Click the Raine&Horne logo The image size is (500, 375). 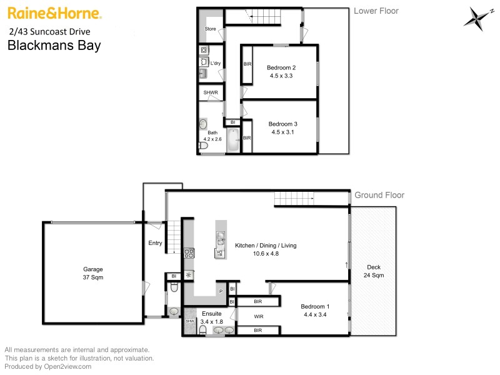tap(54, 13)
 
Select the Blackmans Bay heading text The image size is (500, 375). tap(53, 45)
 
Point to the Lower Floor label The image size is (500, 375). tap(376, 11)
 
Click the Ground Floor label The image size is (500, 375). tap(379, 195)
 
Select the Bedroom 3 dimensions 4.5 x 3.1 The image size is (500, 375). tap(282, 132)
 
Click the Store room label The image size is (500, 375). tap(210, 29)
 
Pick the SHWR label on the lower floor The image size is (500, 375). tap(210, 93)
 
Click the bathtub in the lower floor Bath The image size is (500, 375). tap(231, 141)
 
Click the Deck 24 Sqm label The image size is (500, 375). tap(374, 271)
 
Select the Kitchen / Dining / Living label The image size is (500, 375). tap(266, 246)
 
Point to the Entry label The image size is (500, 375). tap(155, 244)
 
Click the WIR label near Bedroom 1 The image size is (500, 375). tap(259, 317)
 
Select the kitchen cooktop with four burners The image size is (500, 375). tap(189, 253)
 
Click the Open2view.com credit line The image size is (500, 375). tap(47, 367)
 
